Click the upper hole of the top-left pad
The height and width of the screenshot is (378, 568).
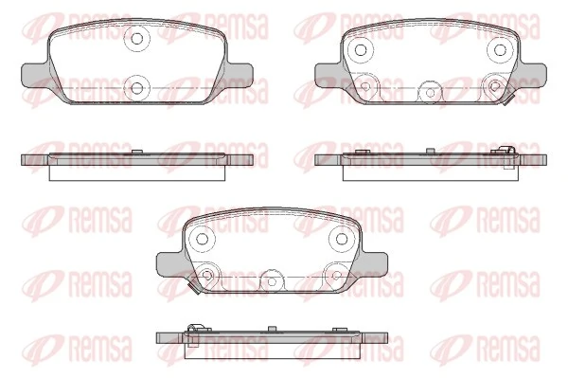(x=137, y=41)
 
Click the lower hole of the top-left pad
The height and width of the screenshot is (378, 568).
(x=137, y=89)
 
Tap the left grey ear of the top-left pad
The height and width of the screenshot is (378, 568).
(x=33, y=74)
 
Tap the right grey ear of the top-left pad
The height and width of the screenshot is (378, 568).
(x=241, y=74)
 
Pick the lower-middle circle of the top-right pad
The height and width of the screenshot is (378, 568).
(x=430, y=91)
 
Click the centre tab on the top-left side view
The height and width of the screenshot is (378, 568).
(x=138, y=152)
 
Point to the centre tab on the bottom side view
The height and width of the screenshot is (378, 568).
(x=272, y=330)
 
